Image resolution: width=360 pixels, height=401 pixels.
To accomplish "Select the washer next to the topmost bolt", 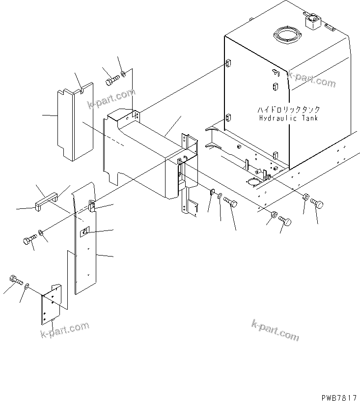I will point(123,75).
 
